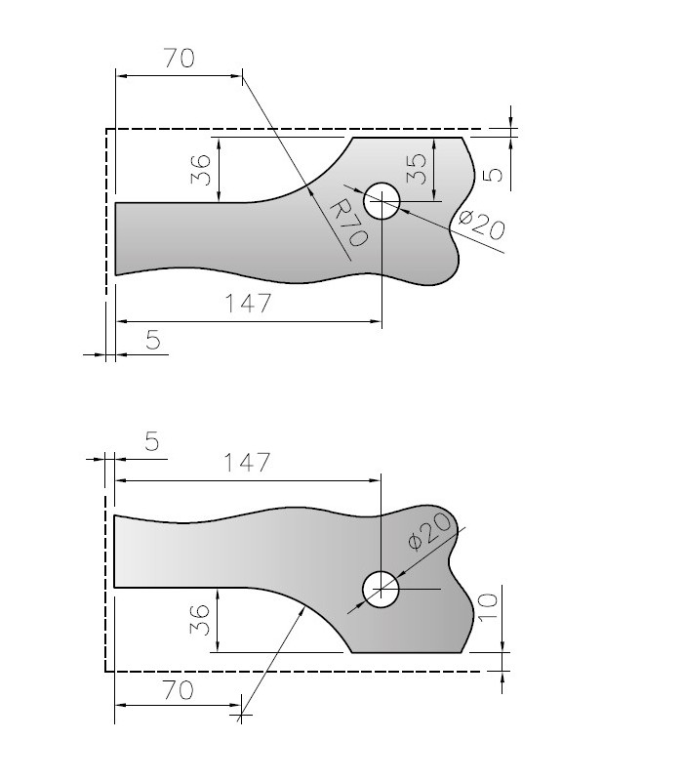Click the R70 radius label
point(346,222)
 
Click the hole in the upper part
point(382,202)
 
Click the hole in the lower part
point(381,590)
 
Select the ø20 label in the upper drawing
point(480,225)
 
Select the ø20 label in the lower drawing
point(430,530)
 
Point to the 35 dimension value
point(417,168)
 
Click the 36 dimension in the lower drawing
point(199,620)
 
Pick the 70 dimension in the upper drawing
point(178,59)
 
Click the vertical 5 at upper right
point(493,174)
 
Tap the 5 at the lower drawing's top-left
point(151,440)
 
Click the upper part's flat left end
point(116,238)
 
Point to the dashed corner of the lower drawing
point(105,671)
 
